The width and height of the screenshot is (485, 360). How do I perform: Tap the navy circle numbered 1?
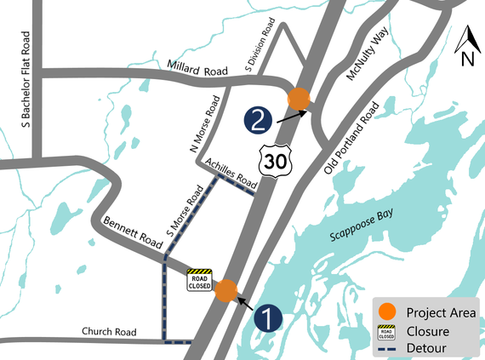coord(268,318)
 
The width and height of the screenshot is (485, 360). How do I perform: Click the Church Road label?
coord(109,332)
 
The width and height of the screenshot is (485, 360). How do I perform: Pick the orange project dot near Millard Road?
coord(299,98)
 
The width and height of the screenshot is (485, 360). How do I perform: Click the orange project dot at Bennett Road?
coord(226,291)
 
